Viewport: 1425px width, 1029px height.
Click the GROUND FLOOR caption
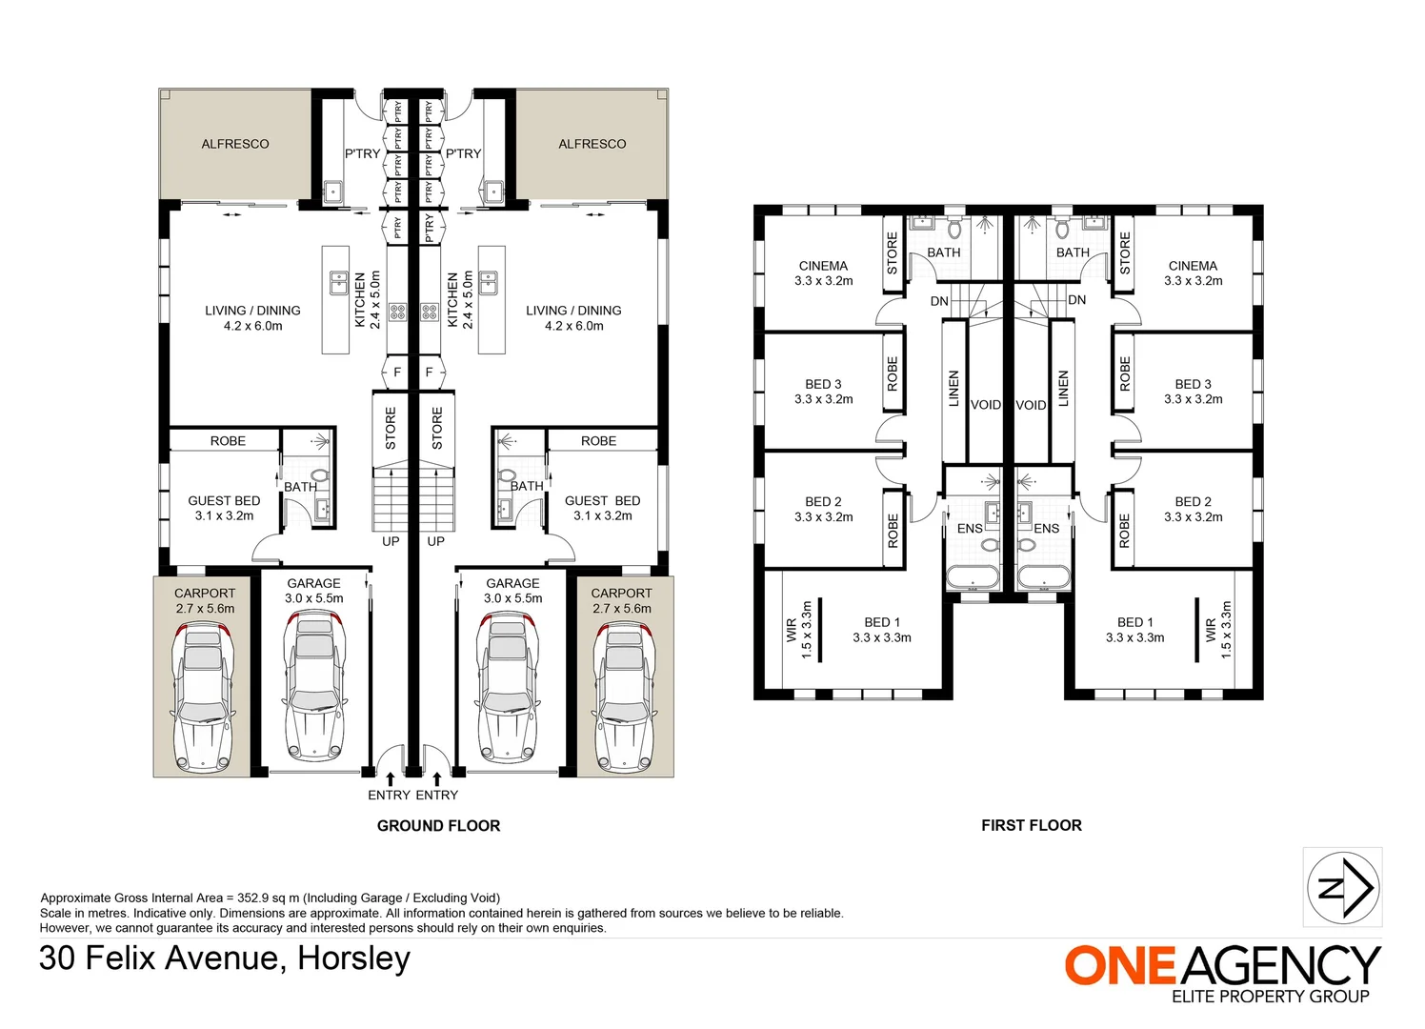[438, 825]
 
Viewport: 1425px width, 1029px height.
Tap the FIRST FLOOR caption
[1032, 825]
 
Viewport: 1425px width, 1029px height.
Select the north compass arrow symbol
[1343, 887]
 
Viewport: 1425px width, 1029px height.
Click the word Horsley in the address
[353, 958]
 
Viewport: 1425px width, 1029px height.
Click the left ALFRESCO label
[234, 144]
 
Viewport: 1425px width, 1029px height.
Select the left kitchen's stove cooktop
[397, 312]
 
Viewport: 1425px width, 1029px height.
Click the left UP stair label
[391, 541]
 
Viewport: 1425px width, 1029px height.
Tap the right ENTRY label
[437, 795]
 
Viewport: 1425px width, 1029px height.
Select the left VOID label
[986, 405]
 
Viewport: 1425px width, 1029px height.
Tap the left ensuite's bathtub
[973, 577]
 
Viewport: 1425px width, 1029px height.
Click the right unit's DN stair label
[1077, 300]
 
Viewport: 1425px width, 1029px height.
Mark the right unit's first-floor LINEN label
[1063, 388]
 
